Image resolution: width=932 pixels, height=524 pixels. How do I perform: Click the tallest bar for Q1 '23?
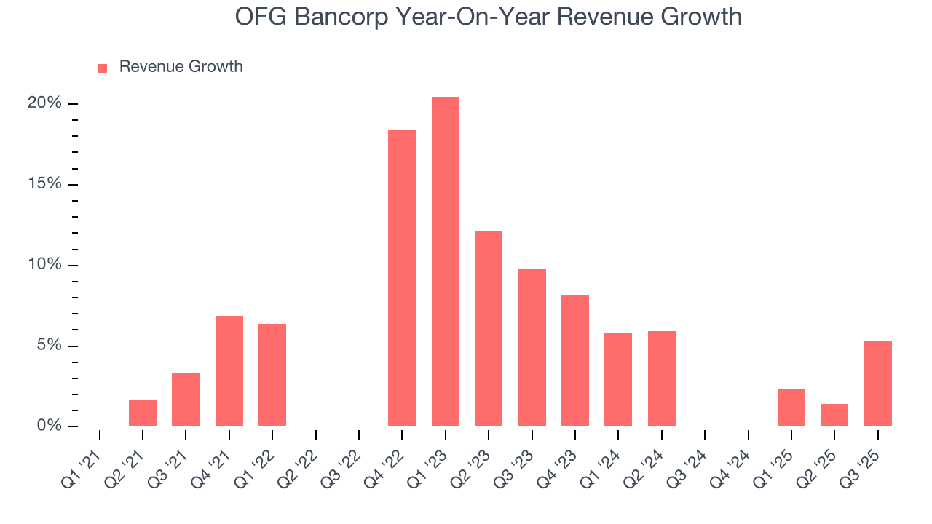pyautogui.click(x=445, y=261)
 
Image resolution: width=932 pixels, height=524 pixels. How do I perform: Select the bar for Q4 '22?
pyautogui.click(x=402, y=278)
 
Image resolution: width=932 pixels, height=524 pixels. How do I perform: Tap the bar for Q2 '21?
pyautogui.click(x=143, y=413)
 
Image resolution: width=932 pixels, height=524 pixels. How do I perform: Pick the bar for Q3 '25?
pyautogui.click(x=877, y=384)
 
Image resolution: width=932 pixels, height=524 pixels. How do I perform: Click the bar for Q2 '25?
pyautogui.click(x=834, y=415)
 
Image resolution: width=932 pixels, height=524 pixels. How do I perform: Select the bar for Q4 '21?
pyautogui.click(x=229, y=371)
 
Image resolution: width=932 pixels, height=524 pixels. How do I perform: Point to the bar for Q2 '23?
pyautogui.click(x=489, y=328)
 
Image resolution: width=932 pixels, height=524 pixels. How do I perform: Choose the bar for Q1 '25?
pyautogui.click(x=791, y=408)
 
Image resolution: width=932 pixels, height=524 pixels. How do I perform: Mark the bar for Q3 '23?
pyautogui.click(x=532, y=348)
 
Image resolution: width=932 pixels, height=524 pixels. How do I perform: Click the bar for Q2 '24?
pyautogui.click(x=662, y=378)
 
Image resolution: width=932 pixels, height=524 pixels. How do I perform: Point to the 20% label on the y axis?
pyautogui.click(x=44, y=103)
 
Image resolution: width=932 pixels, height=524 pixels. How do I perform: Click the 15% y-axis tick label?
pyautogui.click(x=44, y=184)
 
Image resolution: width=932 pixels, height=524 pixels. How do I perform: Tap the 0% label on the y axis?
pyautogui.click(x=49, y=426)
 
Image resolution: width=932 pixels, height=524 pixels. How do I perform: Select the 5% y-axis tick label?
pyautogui.click(x=49, y=345)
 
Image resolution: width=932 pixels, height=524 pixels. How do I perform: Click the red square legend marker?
pyautogui.click(x=103, y=68)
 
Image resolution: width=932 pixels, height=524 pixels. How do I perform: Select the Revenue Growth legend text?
pyautogui.click(x=181, y=67)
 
